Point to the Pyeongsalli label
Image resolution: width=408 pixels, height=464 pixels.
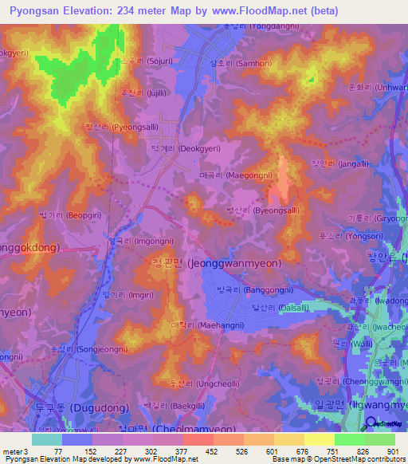coord(122,127)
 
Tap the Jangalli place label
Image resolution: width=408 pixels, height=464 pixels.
coord(339,164)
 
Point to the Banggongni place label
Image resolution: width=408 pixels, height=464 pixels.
coord(249,291)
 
